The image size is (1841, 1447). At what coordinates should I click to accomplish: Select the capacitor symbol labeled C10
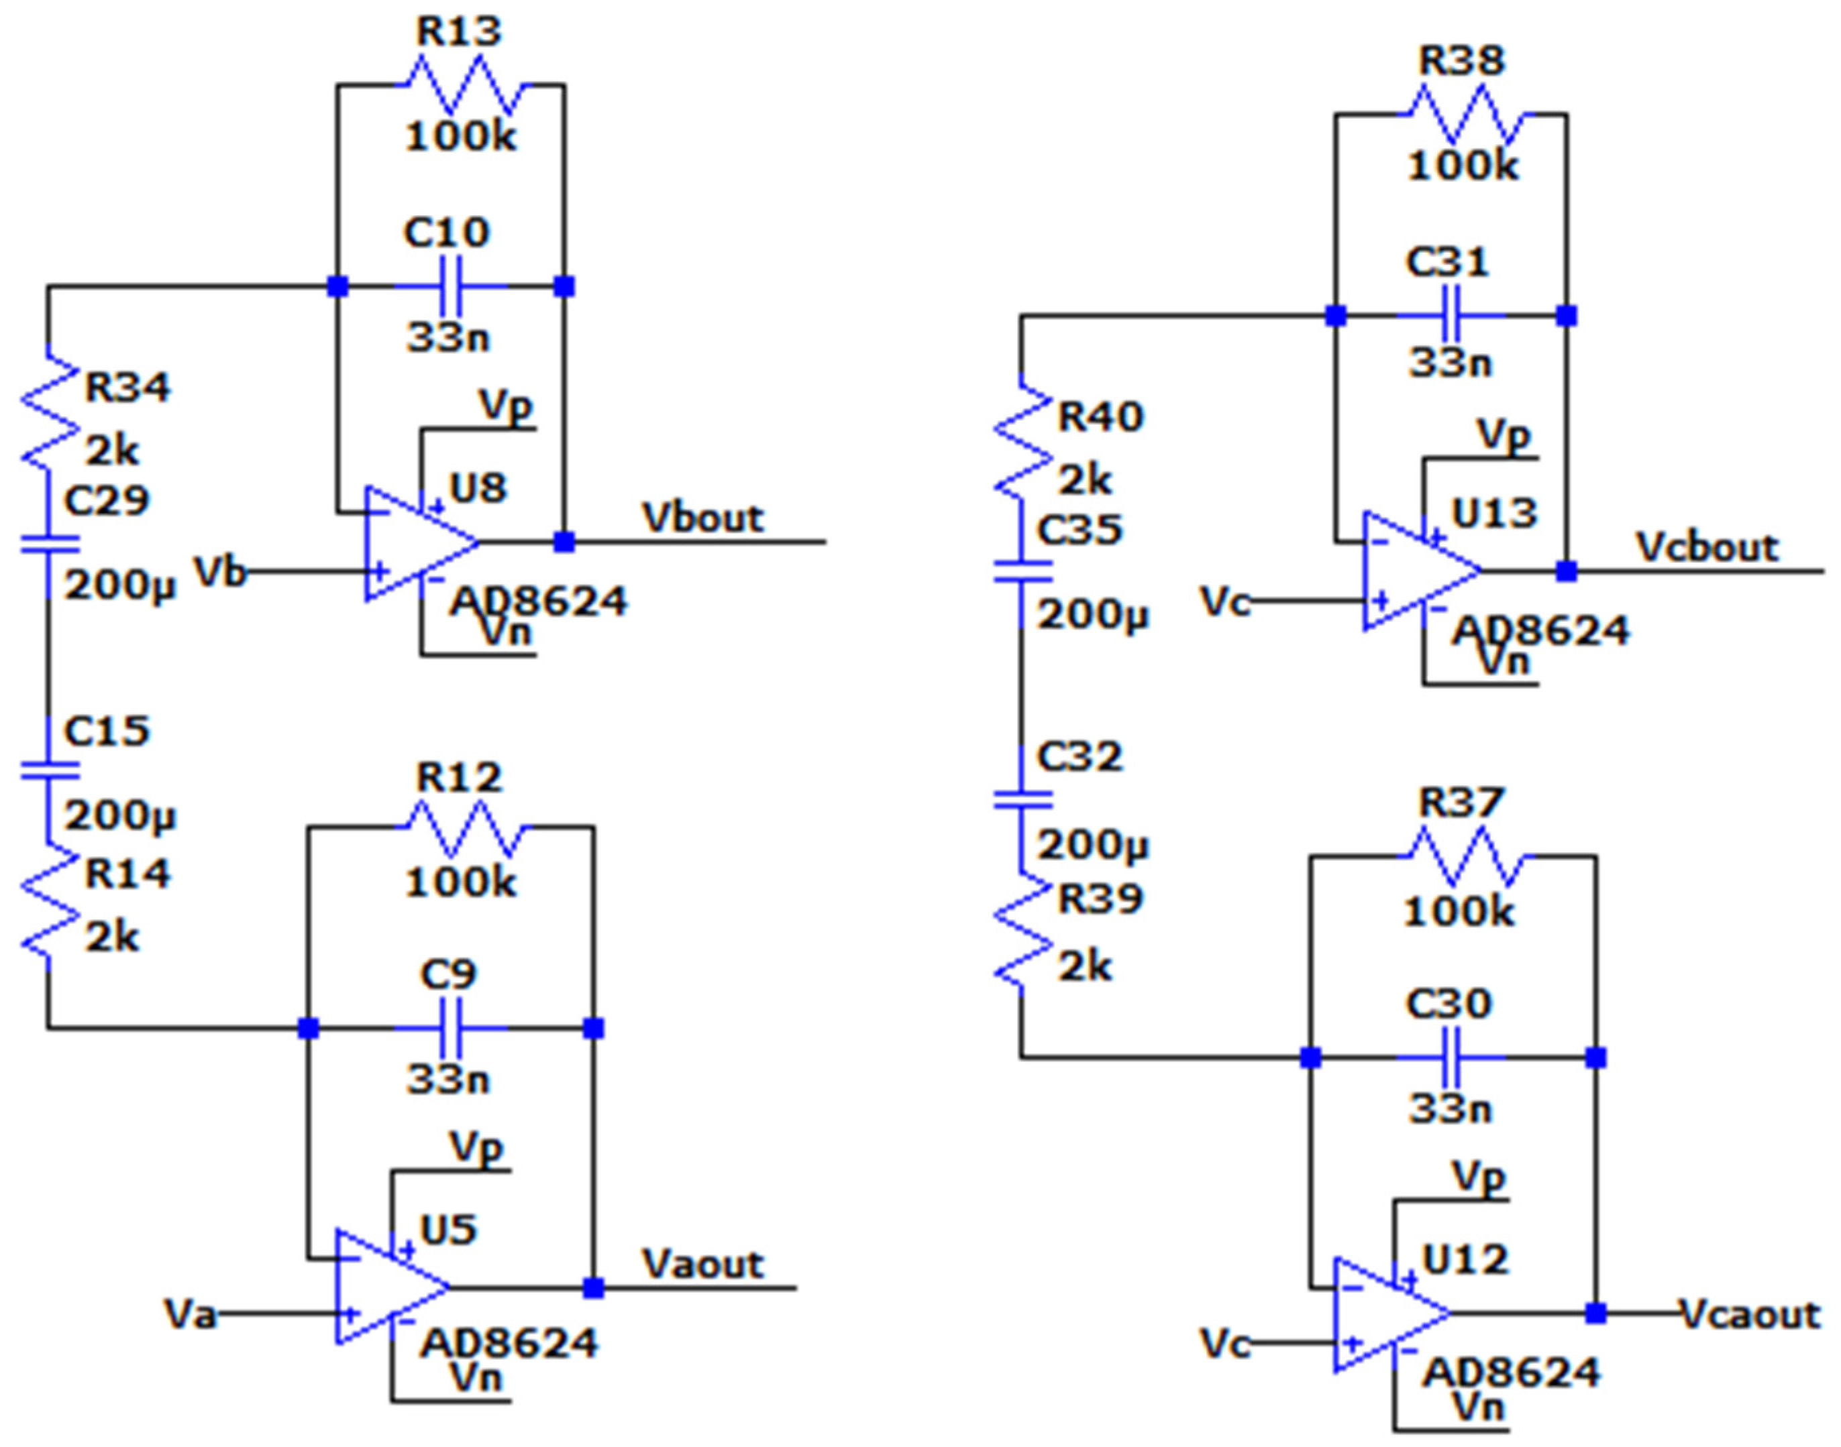tap(450, 286)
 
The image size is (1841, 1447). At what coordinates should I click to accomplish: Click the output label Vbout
tap(702, 518)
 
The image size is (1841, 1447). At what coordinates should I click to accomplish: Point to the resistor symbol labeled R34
tap(48, 411)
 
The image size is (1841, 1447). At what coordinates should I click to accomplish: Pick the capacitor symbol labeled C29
tap(48, 544)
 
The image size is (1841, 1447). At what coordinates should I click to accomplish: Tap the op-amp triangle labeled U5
tap(389, 1287)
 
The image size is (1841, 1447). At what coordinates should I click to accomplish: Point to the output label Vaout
tap(702, 1264)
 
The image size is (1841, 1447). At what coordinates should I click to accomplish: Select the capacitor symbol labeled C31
tap(1451, 316)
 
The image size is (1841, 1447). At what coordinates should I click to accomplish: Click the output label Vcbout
tap(1706, 547)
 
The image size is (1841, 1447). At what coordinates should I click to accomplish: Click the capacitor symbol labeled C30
tap(1451, 1057)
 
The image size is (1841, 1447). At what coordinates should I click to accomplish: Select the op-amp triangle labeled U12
tap(1388, 1314)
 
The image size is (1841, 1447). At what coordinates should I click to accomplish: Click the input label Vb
tap(220, 572)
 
